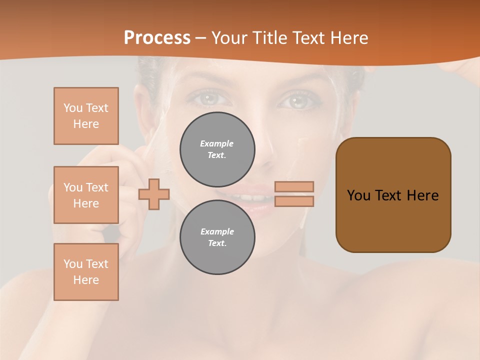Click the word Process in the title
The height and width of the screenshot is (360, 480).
coord(157,38)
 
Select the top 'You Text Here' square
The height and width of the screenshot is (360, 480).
coord(86,116)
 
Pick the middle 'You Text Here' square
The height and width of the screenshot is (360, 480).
coord(86,195)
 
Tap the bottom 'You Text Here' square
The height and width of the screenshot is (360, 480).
coord(86,272)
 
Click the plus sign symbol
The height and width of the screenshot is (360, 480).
coord(154,194)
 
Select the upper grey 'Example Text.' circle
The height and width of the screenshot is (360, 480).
coord(217,149)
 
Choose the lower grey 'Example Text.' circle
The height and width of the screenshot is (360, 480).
coord(217,237)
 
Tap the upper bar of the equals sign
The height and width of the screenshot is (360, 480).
coord(294,186)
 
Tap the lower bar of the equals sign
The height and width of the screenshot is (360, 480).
coord(294,201)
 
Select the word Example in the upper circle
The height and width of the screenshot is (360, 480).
coord(217,143)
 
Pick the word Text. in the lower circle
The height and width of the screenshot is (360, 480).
coord(217,243)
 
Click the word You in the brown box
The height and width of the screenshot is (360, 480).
coord(358,195)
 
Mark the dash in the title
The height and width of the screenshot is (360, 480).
coord(201,38)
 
